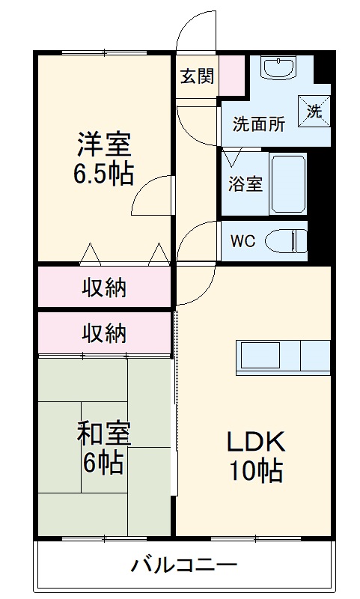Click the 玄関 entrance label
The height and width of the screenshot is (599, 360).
[197, 76]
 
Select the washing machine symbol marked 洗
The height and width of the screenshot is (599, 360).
[314, 112]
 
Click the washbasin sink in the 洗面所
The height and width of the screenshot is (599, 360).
[280, 69]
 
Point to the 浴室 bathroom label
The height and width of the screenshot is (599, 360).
[245, 183]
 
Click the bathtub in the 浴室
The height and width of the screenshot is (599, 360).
[289, 183]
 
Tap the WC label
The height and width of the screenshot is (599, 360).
[243, 241]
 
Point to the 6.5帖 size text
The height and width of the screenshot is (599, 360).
[103, 174]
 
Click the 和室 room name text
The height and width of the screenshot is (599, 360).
[103, 434]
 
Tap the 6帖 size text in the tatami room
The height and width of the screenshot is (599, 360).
[103, 464]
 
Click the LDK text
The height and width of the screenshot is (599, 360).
[254, 441]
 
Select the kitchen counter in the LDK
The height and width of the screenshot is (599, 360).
[284, 357]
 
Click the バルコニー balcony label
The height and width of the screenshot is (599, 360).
[184, 564]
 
